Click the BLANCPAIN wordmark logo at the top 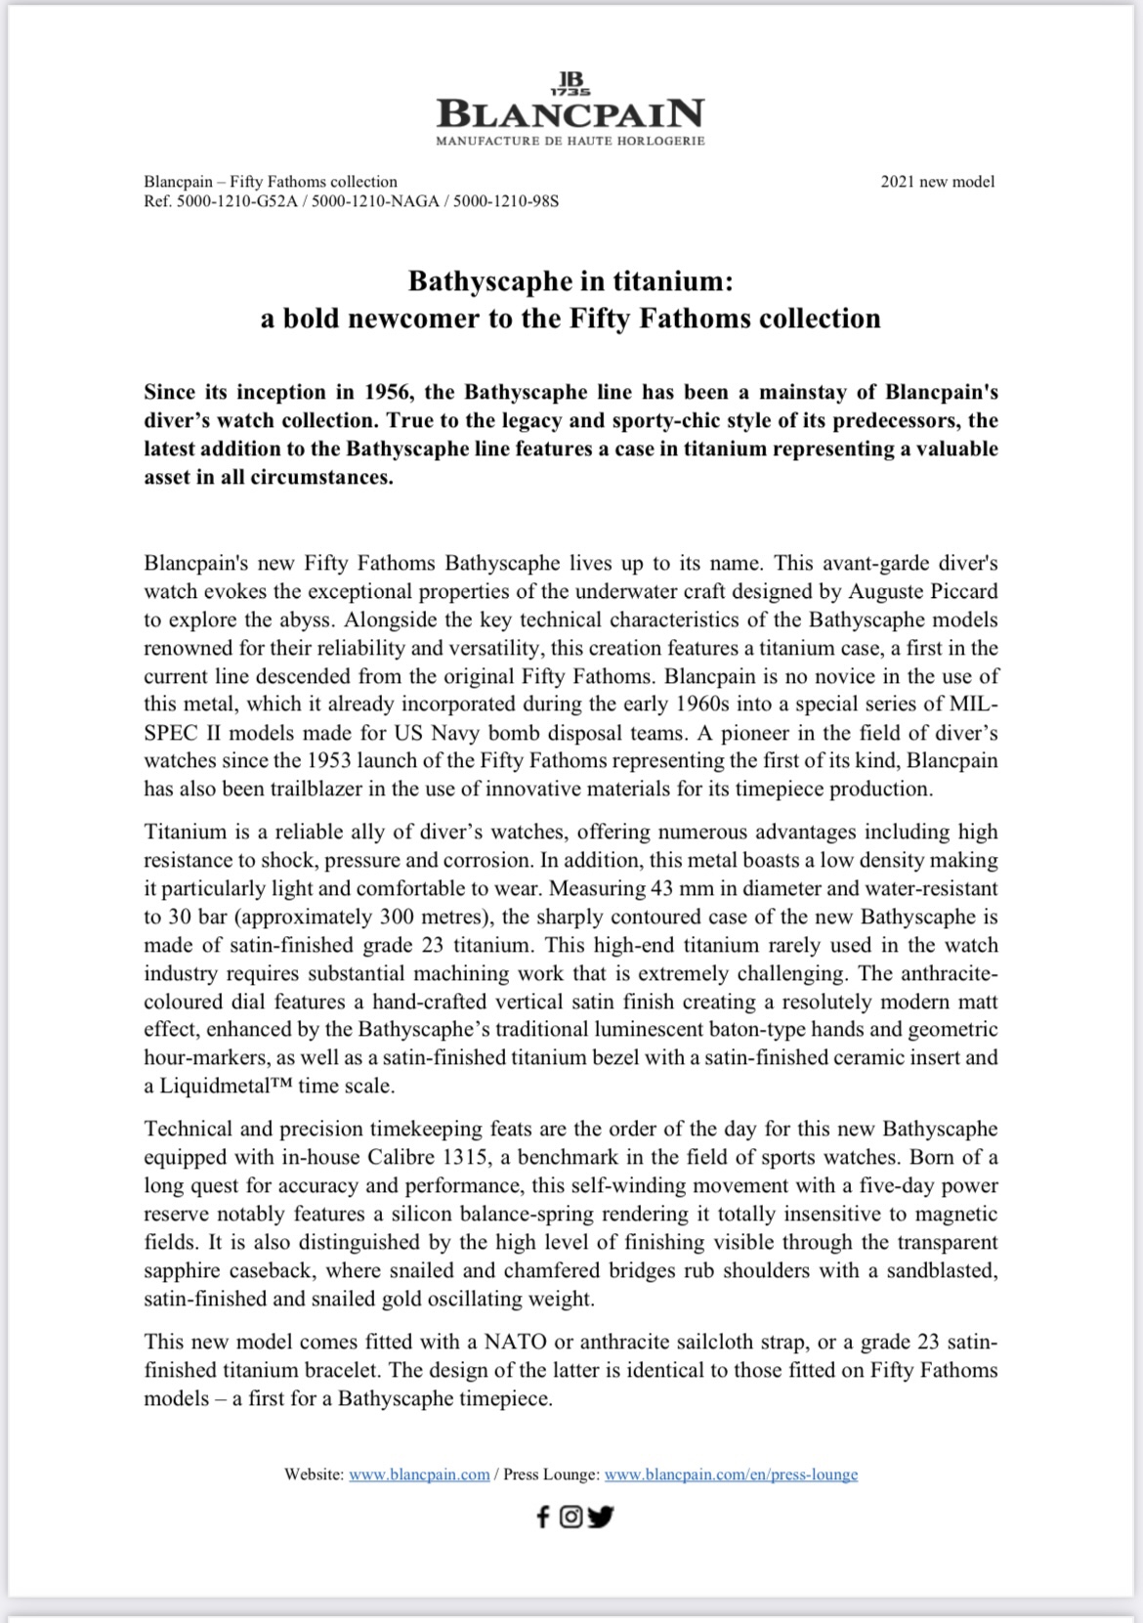(571, 114)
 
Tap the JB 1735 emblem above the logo (571, 82)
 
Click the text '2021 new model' (937, 182)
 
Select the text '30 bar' (199, 918)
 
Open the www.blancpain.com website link (419, 1474)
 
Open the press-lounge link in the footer (731, 1474)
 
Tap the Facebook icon (543, 1516)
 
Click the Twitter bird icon (600, 1516)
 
